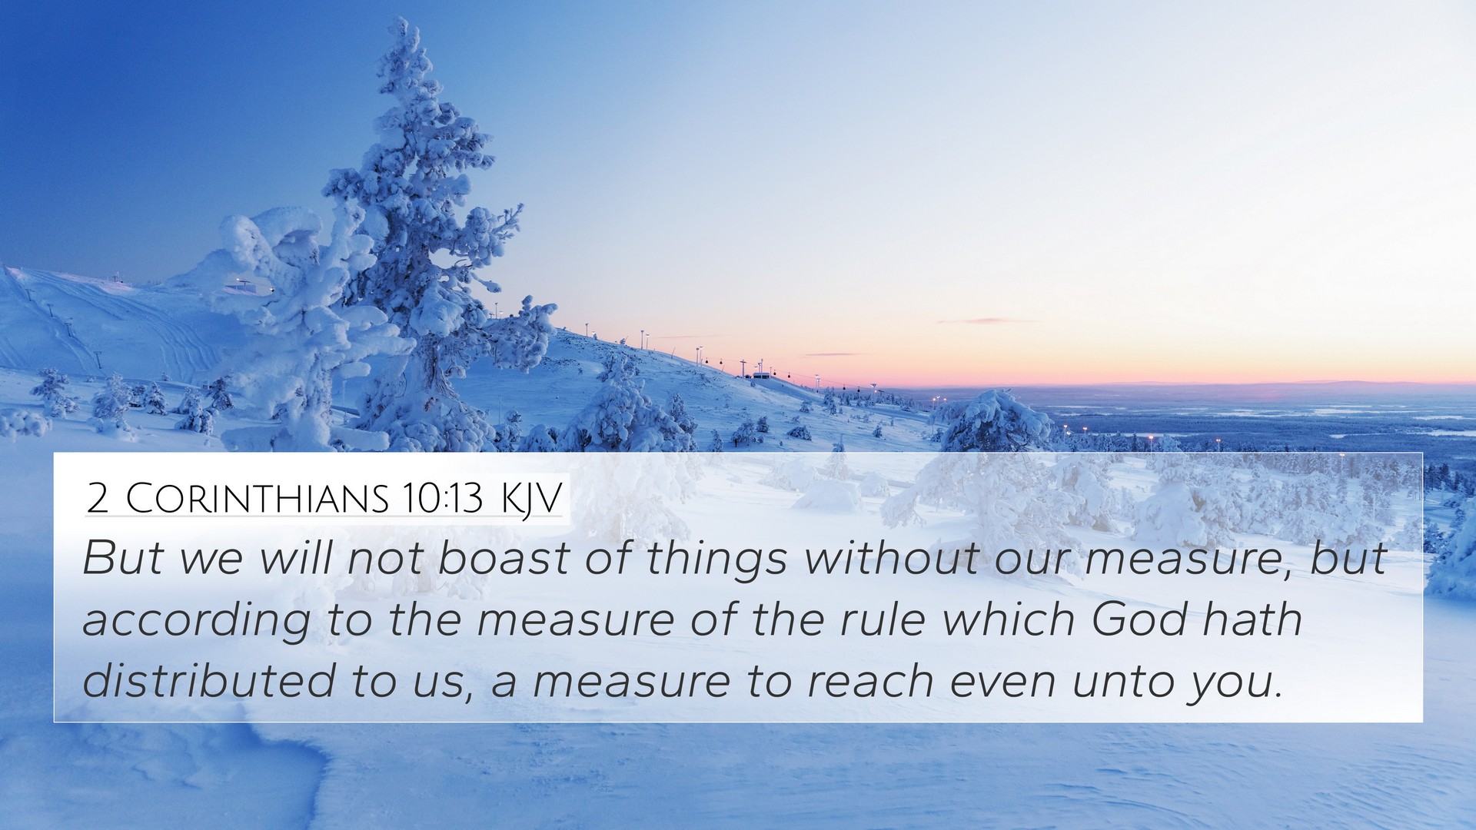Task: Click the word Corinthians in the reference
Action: point(258,499)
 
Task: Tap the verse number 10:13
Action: point(440,499)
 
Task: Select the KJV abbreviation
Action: point(532,500)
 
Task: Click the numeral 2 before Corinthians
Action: point(98,499)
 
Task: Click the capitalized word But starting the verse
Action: point(122,558)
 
